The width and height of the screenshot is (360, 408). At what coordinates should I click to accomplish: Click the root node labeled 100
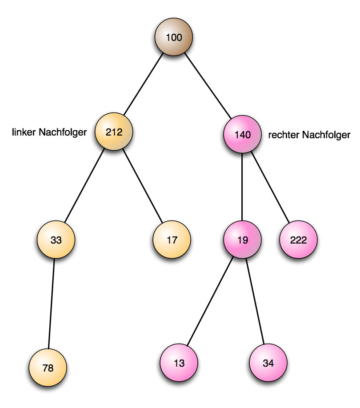(x=173, y=37)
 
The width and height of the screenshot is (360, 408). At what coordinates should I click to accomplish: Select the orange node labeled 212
(x=114, y=132)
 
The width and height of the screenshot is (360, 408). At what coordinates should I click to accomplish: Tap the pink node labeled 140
(x=242, y=135)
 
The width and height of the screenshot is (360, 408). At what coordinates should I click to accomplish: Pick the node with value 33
(x=56, y=240)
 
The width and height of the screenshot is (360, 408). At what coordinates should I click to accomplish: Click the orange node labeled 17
(x=172, y=240)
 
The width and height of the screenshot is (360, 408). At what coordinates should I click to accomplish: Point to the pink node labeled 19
(x=242, y=240)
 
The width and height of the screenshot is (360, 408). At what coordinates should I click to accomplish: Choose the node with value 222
(x=298, y=240)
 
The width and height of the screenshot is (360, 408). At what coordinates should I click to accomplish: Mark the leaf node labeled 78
(x=48, y=368)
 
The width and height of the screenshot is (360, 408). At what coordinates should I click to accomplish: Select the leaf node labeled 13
(x=179, y=363)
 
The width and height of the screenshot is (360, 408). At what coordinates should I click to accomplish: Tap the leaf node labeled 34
(x=268, y=363)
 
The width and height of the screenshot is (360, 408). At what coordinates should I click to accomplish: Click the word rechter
(x=284, y=135)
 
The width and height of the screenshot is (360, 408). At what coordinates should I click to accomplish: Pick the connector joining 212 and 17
(x=144, y=186)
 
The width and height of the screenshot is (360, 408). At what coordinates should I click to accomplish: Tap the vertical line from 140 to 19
(x=242, y=188)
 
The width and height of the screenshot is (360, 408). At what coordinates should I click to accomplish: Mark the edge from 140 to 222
(x=271, y=187)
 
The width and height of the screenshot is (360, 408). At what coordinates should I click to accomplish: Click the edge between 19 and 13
(x=210, y=302)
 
